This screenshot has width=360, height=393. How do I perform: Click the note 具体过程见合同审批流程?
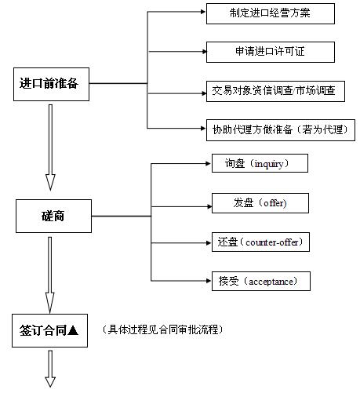coord(162,329)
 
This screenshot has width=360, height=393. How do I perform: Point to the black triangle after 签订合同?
coord(73,330)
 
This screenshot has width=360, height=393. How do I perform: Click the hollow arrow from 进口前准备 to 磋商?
coord(50,147)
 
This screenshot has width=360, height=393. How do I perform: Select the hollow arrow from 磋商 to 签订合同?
coord(49,275)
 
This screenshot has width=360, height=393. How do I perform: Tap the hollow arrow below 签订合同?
coord(50,369)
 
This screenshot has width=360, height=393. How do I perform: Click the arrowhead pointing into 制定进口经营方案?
coord(203,12)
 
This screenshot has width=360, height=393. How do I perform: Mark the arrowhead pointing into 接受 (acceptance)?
coord(209,281)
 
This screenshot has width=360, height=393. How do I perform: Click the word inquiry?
coord(269,164)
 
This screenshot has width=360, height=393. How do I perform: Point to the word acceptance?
coord(271,282)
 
